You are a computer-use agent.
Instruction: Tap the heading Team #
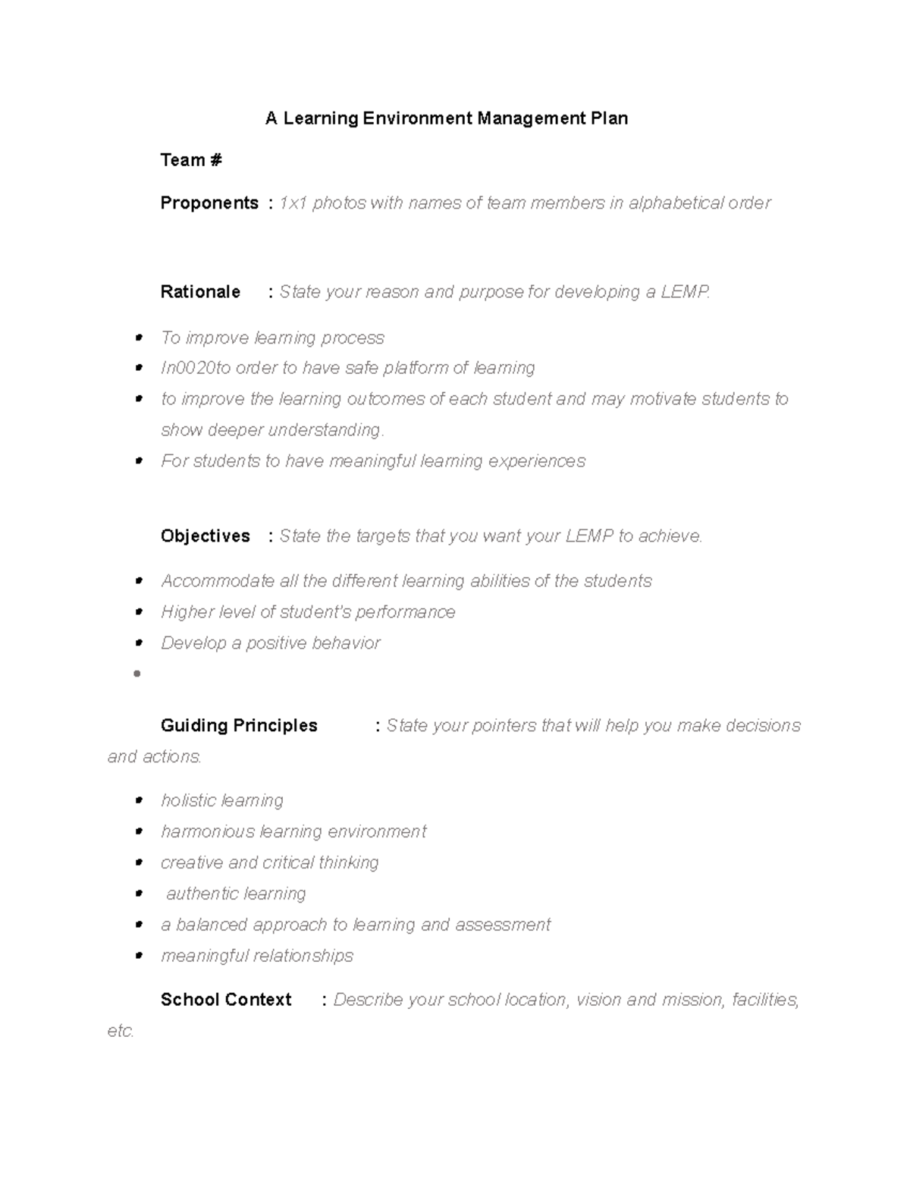coord(191,160)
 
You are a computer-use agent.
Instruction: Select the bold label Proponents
coord(209,203)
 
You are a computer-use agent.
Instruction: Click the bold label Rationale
coord(200,292)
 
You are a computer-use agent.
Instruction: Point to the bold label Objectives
coord(206,536)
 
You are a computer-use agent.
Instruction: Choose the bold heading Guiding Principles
coord(239,726)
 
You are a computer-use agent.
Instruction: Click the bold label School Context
coord(226,1000)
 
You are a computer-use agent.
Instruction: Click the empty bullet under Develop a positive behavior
coord(137,674)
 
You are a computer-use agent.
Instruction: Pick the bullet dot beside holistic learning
coord(138,801)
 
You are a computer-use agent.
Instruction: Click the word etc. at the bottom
coord(121,1032)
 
